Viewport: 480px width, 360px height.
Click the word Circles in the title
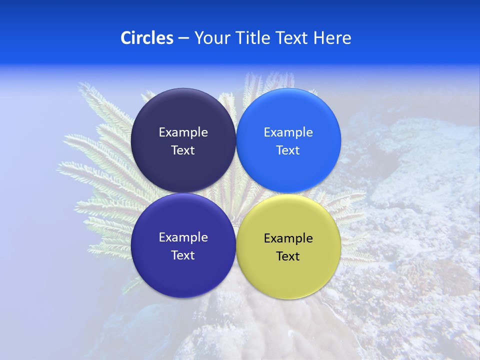tap(147, 38)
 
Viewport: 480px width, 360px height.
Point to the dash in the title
tap(183, 38)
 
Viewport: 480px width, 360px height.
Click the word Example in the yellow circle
tap(288, 238)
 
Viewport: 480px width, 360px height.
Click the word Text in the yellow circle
tap(288, 256)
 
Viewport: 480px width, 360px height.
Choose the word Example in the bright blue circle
tap(288, 132)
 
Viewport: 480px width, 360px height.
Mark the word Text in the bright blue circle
tap(288, 150)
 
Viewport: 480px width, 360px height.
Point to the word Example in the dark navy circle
tap(183, 132)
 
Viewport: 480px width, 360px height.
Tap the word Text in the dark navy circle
tap(183, 150)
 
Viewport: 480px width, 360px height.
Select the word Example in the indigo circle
tap(183, 237)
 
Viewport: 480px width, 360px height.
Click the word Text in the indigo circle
tap(183, 255)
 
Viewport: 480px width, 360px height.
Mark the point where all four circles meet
tap(236, 193)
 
